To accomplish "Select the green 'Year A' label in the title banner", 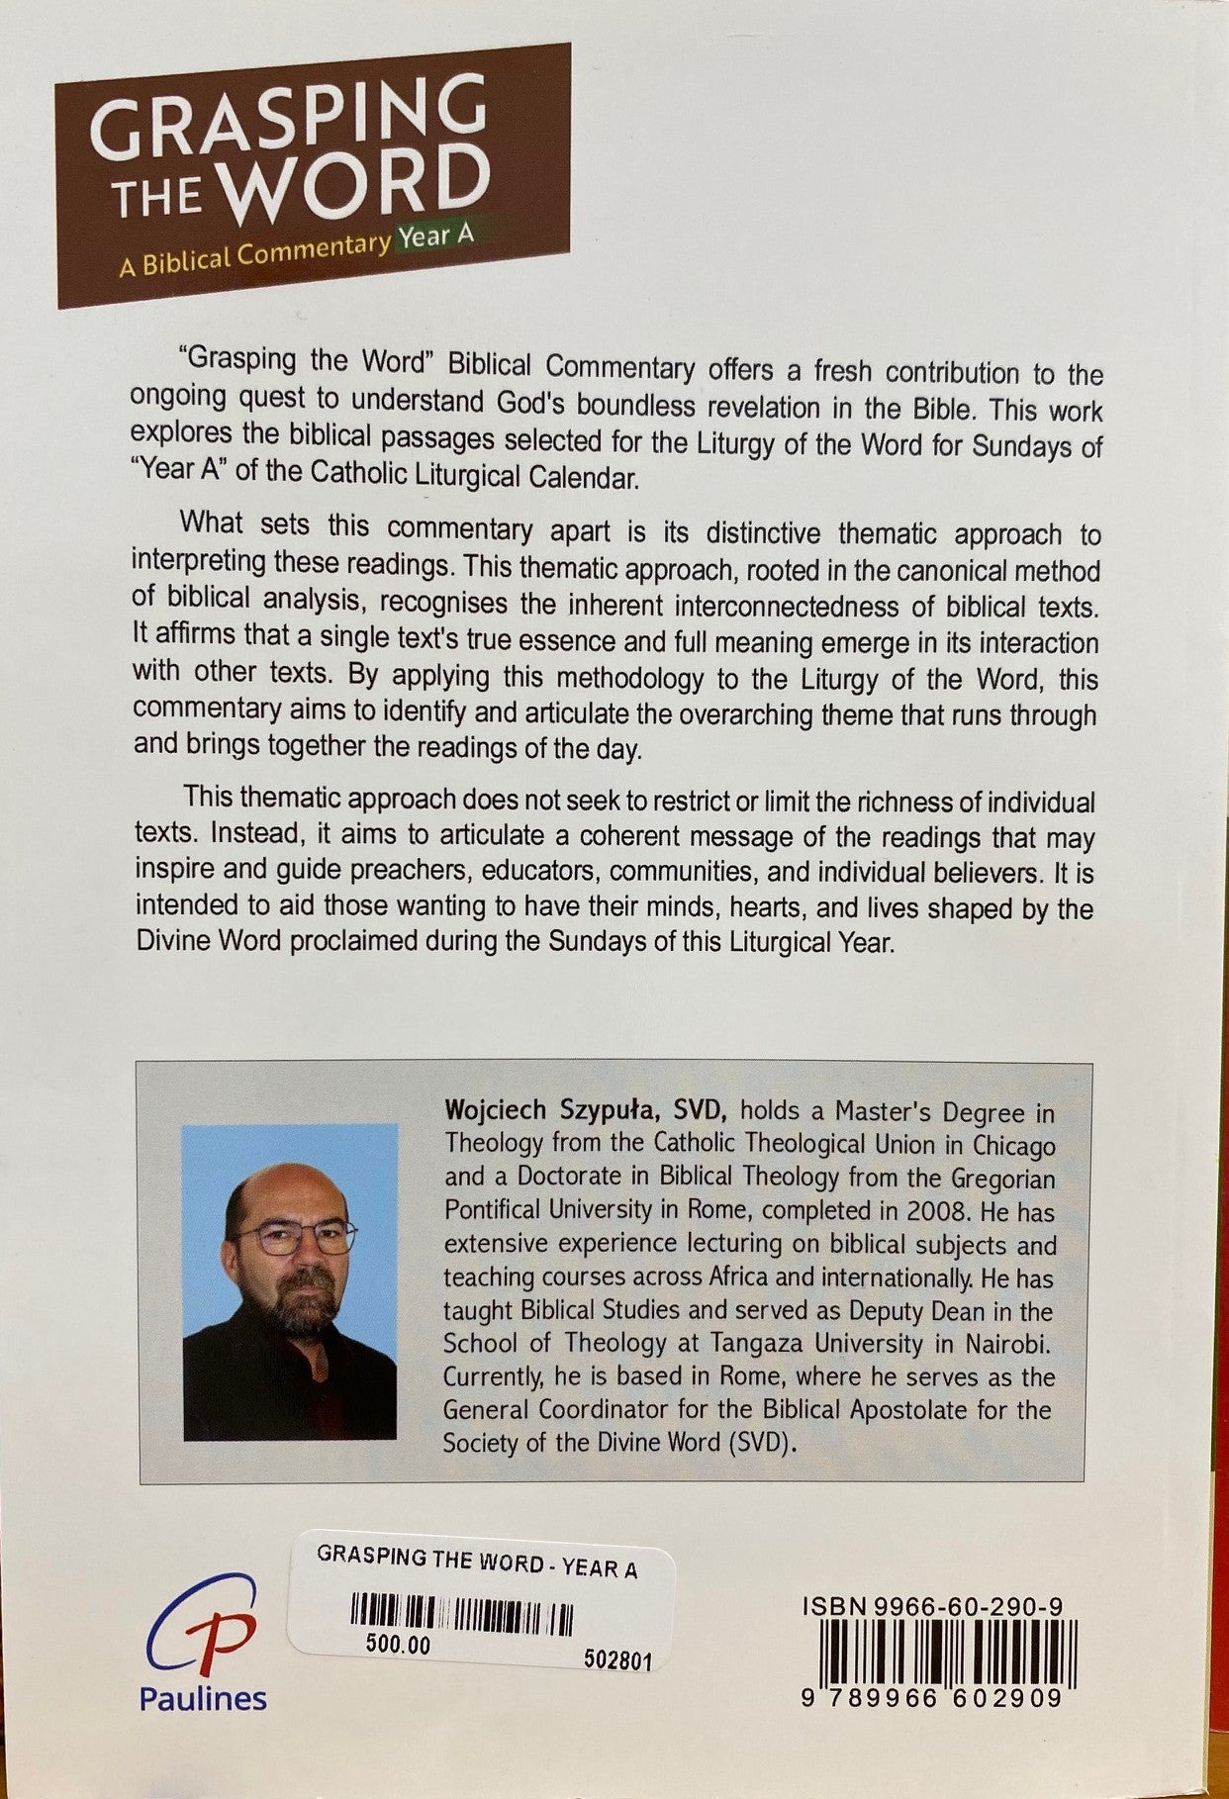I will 435,238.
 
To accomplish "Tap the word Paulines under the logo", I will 203,1699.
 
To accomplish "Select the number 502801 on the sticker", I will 616,1661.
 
